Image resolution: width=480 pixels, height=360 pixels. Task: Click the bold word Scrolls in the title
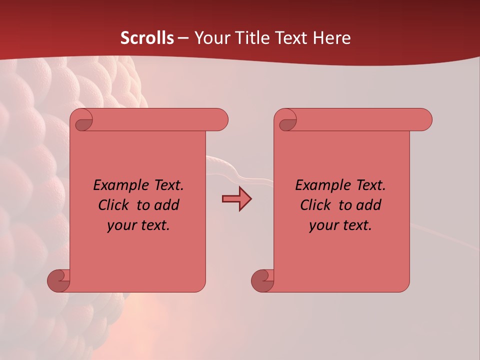(147, 38)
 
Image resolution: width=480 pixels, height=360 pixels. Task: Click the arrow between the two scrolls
(236, 199)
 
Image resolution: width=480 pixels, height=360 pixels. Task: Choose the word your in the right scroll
(322, 225)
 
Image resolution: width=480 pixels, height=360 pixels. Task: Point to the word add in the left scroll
(166, 205)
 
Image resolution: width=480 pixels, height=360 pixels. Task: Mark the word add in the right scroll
(368, 205)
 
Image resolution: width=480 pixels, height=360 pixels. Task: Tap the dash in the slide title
(183, 38)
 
